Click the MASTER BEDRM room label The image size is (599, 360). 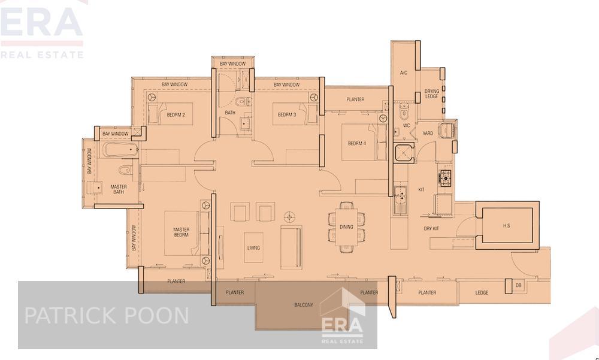pos(181,232)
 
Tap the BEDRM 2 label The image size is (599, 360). pos(176,114)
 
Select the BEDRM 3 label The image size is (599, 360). pos(287,114)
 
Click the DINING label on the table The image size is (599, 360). pos(346,227)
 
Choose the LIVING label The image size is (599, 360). pos(253,247)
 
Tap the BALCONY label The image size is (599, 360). pos(304,305)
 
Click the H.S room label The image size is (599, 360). pos(506,225)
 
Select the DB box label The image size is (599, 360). pos(519,286)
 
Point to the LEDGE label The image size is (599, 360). pos(482,293)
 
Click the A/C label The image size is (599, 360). pos(404,73)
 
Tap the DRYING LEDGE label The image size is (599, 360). pos(432,94)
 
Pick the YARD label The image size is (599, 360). pos(428,134)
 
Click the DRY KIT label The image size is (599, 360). pos(431,228)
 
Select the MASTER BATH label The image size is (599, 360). pos(118,189)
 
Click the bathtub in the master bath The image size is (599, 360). pos(120,150)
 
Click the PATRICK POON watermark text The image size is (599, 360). pos(106,316)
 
